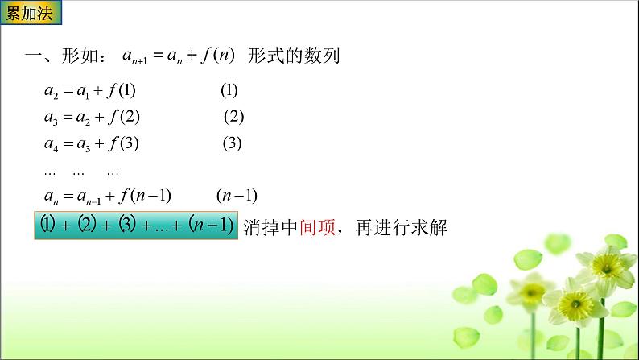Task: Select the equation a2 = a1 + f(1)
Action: [92, 91]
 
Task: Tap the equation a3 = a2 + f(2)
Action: [92, 117]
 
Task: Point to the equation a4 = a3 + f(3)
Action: [92, 144]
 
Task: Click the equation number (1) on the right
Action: [229, 91]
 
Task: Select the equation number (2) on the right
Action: [233, 117]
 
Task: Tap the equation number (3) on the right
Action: [233, 144]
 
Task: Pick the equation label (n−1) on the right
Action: [237, 196]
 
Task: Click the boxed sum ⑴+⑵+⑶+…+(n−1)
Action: [136, 226]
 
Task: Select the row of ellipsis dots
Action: [81, 171]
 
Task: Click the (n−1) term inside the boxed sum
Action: [211, 226]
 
